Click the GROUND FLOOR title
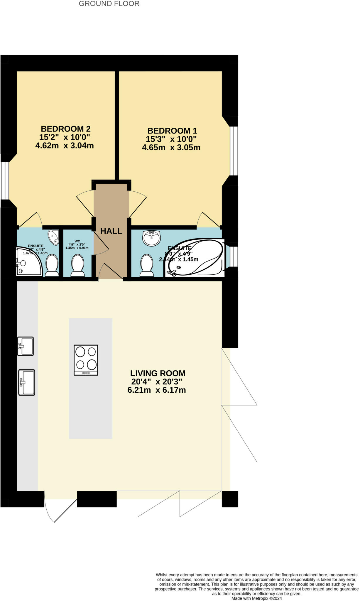[109, 4]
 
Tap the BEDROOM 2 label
[65, 129]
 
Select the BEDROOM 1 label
[172, 131]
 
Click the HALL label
[111, 231]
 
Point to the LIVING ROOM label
[158, 373]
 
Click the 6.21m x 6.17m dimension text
[156, 390]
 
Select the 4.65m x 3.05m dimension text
[171, 147]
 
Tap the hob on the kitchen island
[86, 360]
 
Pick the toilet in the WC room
[78, 265]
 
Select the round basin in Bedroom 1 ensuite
[151, 238]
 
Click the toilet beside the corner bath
[147, 265]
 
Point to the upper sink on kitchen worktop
[26, 346]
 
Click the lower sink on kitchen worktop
[27, 382]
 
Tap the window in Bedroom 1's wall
[234, 151]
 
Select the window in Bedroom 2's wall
[5, 180]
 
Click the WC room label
[77, 241]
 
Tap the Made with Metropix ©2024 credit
[256, 598]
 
